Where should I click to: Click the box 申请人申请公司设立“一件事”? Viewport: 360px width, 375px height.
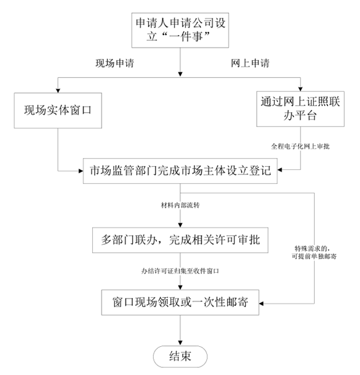point(180,30)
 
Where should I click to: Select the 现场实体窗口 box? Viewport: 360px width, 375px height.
point(58,110)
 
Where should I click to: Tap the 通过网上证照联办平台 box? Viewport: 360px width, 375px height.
point(300,109)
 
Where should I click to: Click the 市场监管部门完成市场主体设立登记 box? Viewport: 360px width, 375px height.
point(180,171)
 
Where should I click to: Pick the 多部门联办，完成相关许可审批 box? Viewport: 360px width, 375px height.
point(180,240)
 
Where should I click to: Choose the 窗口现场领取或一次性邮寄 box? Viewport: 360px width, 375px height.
point(180,302)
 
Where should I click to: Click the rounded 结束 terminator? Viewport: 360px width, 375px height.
point(180,356)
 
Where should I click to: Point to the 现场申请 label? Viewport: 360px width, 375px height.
point(115,63)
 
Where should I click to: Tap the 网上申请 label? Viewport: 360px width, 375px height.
point(250,63)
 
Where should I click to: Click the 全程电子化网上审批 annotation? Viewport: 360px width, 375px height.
point(300,146)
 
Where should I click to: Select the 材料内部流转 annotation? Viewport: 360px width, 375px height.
point(181,205)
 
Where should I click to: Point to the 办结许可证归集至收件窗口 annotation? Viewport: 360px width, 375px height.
point(180,271)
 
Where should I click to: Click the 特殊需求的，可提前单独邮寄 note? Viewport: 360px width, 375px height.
point(314,253)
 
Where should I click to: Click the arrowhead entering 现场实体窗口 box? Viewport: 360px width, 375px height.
point(58,91)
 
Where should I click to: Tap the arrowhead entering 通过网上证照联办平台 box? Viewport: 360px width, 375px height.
point(300,89)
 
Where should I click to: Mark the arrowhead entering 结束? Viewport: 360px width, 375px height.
point(181,343)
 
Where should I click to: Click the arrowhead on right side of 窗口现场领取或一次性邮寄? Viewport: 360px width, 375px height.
point(261,304)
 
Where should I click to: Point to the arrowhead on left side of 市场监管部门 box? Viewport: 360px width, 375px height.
point(81,171)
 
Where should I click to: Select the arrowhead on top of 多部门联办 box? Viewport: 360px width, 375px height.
point(181,225)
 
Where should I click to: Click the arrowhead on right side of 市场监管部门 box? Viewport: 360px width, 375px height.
point(280,170)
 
